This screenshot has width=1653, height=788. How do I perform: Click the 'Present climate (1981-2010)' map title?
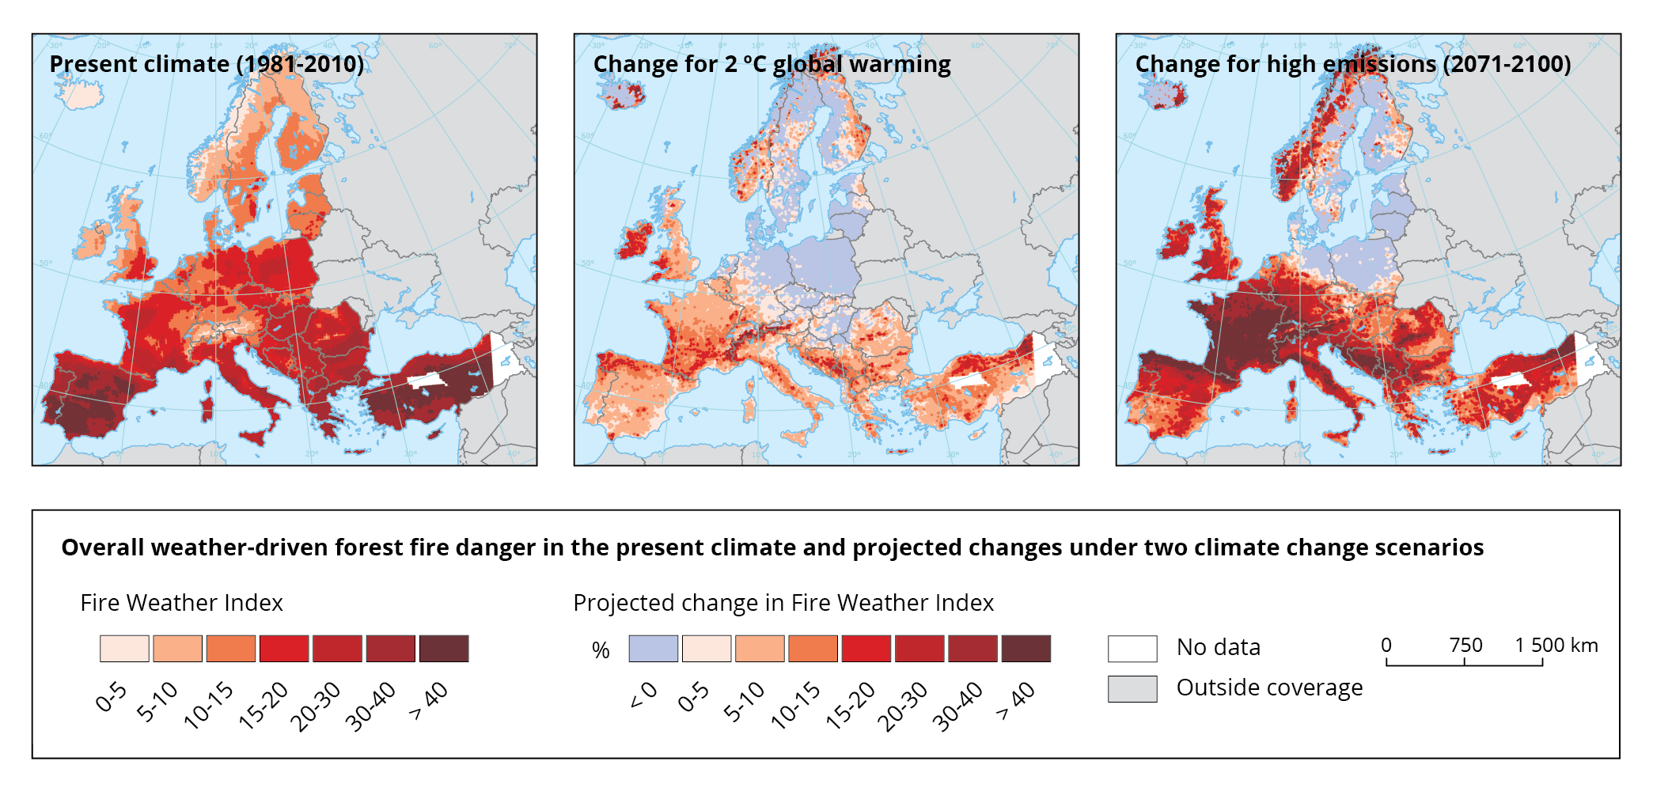pos(207,64)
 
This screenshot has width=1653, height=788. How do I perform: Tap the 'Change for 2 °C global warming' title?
pos(772,64)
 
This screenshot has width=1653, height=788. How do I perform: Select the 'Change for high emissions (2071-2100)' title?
pos(1352,64)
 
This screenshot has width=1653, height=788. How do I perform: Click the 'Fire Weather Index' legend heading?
pos(181,603)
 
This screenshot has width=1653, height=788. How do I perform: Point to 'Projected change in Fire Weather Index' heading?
pos(783,603)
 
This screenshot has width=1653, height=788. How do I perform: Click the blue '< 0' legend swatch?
pos(653,649)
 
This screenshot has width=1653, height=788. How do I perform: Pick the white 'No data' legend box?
pos(1132,649)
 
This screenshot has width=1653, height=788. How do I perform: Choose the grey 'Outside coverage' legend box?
pos(1132,688)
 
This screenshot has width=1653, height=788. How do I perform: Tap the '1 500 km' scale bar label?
pos(1556,646)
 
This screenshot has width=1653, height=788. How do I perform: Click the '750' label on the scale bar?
pos(1465,646)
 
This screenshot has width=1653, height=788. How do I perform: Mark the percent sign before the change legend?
pos(601,650)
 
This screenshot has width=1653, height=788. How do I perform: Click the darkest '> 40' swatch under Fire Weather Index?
pos(444,649)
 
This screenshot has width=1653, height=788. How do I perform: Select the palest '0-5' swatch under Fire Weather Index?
pos(124,649)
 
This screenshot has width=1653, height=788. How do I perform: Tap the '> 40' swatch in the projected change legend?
pos(1026,649)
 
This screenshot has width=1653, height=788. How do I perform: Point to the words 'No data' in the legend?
pos(1218,647)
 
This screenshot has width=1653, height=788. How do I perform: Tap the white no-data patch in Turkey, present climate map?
pos(427,380)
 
